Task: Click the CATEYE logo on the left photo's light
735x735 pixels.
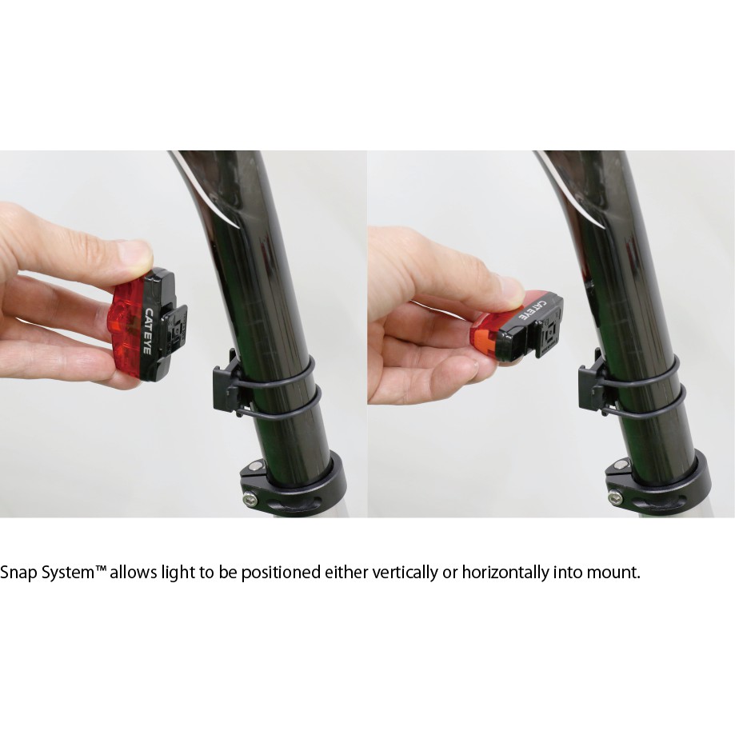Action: point(147,332)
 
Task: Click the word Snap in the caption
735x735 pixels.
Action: point(18,573)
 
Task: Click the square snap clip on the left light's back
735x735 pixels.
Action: point(174,330)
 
